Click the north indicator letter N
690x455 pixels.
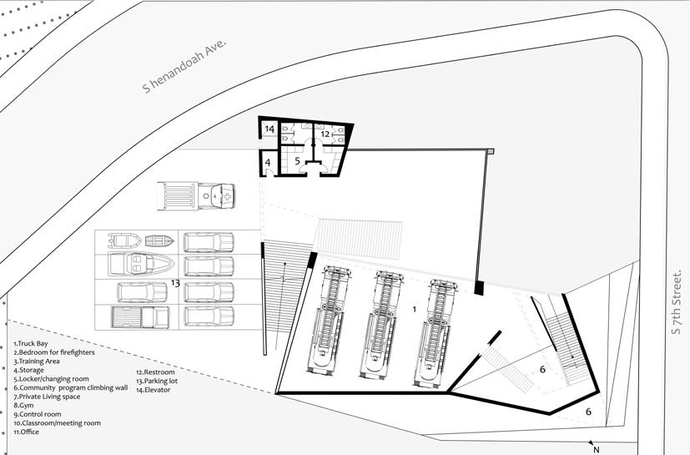pyautogui.click(x=596, y=449)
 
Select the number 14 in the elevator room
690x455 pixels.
pyautogui.click(x=269, y=129)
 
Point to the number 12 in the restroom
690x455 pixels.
pyautogui.click(x=326, y=133)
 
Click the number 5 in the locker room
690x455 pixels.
pyautogui.click(x=296, y=159)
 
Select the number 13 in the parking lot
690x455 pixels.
pyautogui.click(x=175, y=283)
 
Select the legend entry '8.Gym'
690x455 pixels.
pyautogui.click(x=25, y=406)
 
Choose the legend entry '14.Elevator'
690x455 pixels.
pyautogui.click(x=155, y=390)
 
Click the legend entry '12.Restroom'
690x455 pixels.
pyautogui.click(x=155, y=372)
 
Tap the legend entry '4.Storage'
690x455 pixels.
pyautogui.click(x=29, y=370)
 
